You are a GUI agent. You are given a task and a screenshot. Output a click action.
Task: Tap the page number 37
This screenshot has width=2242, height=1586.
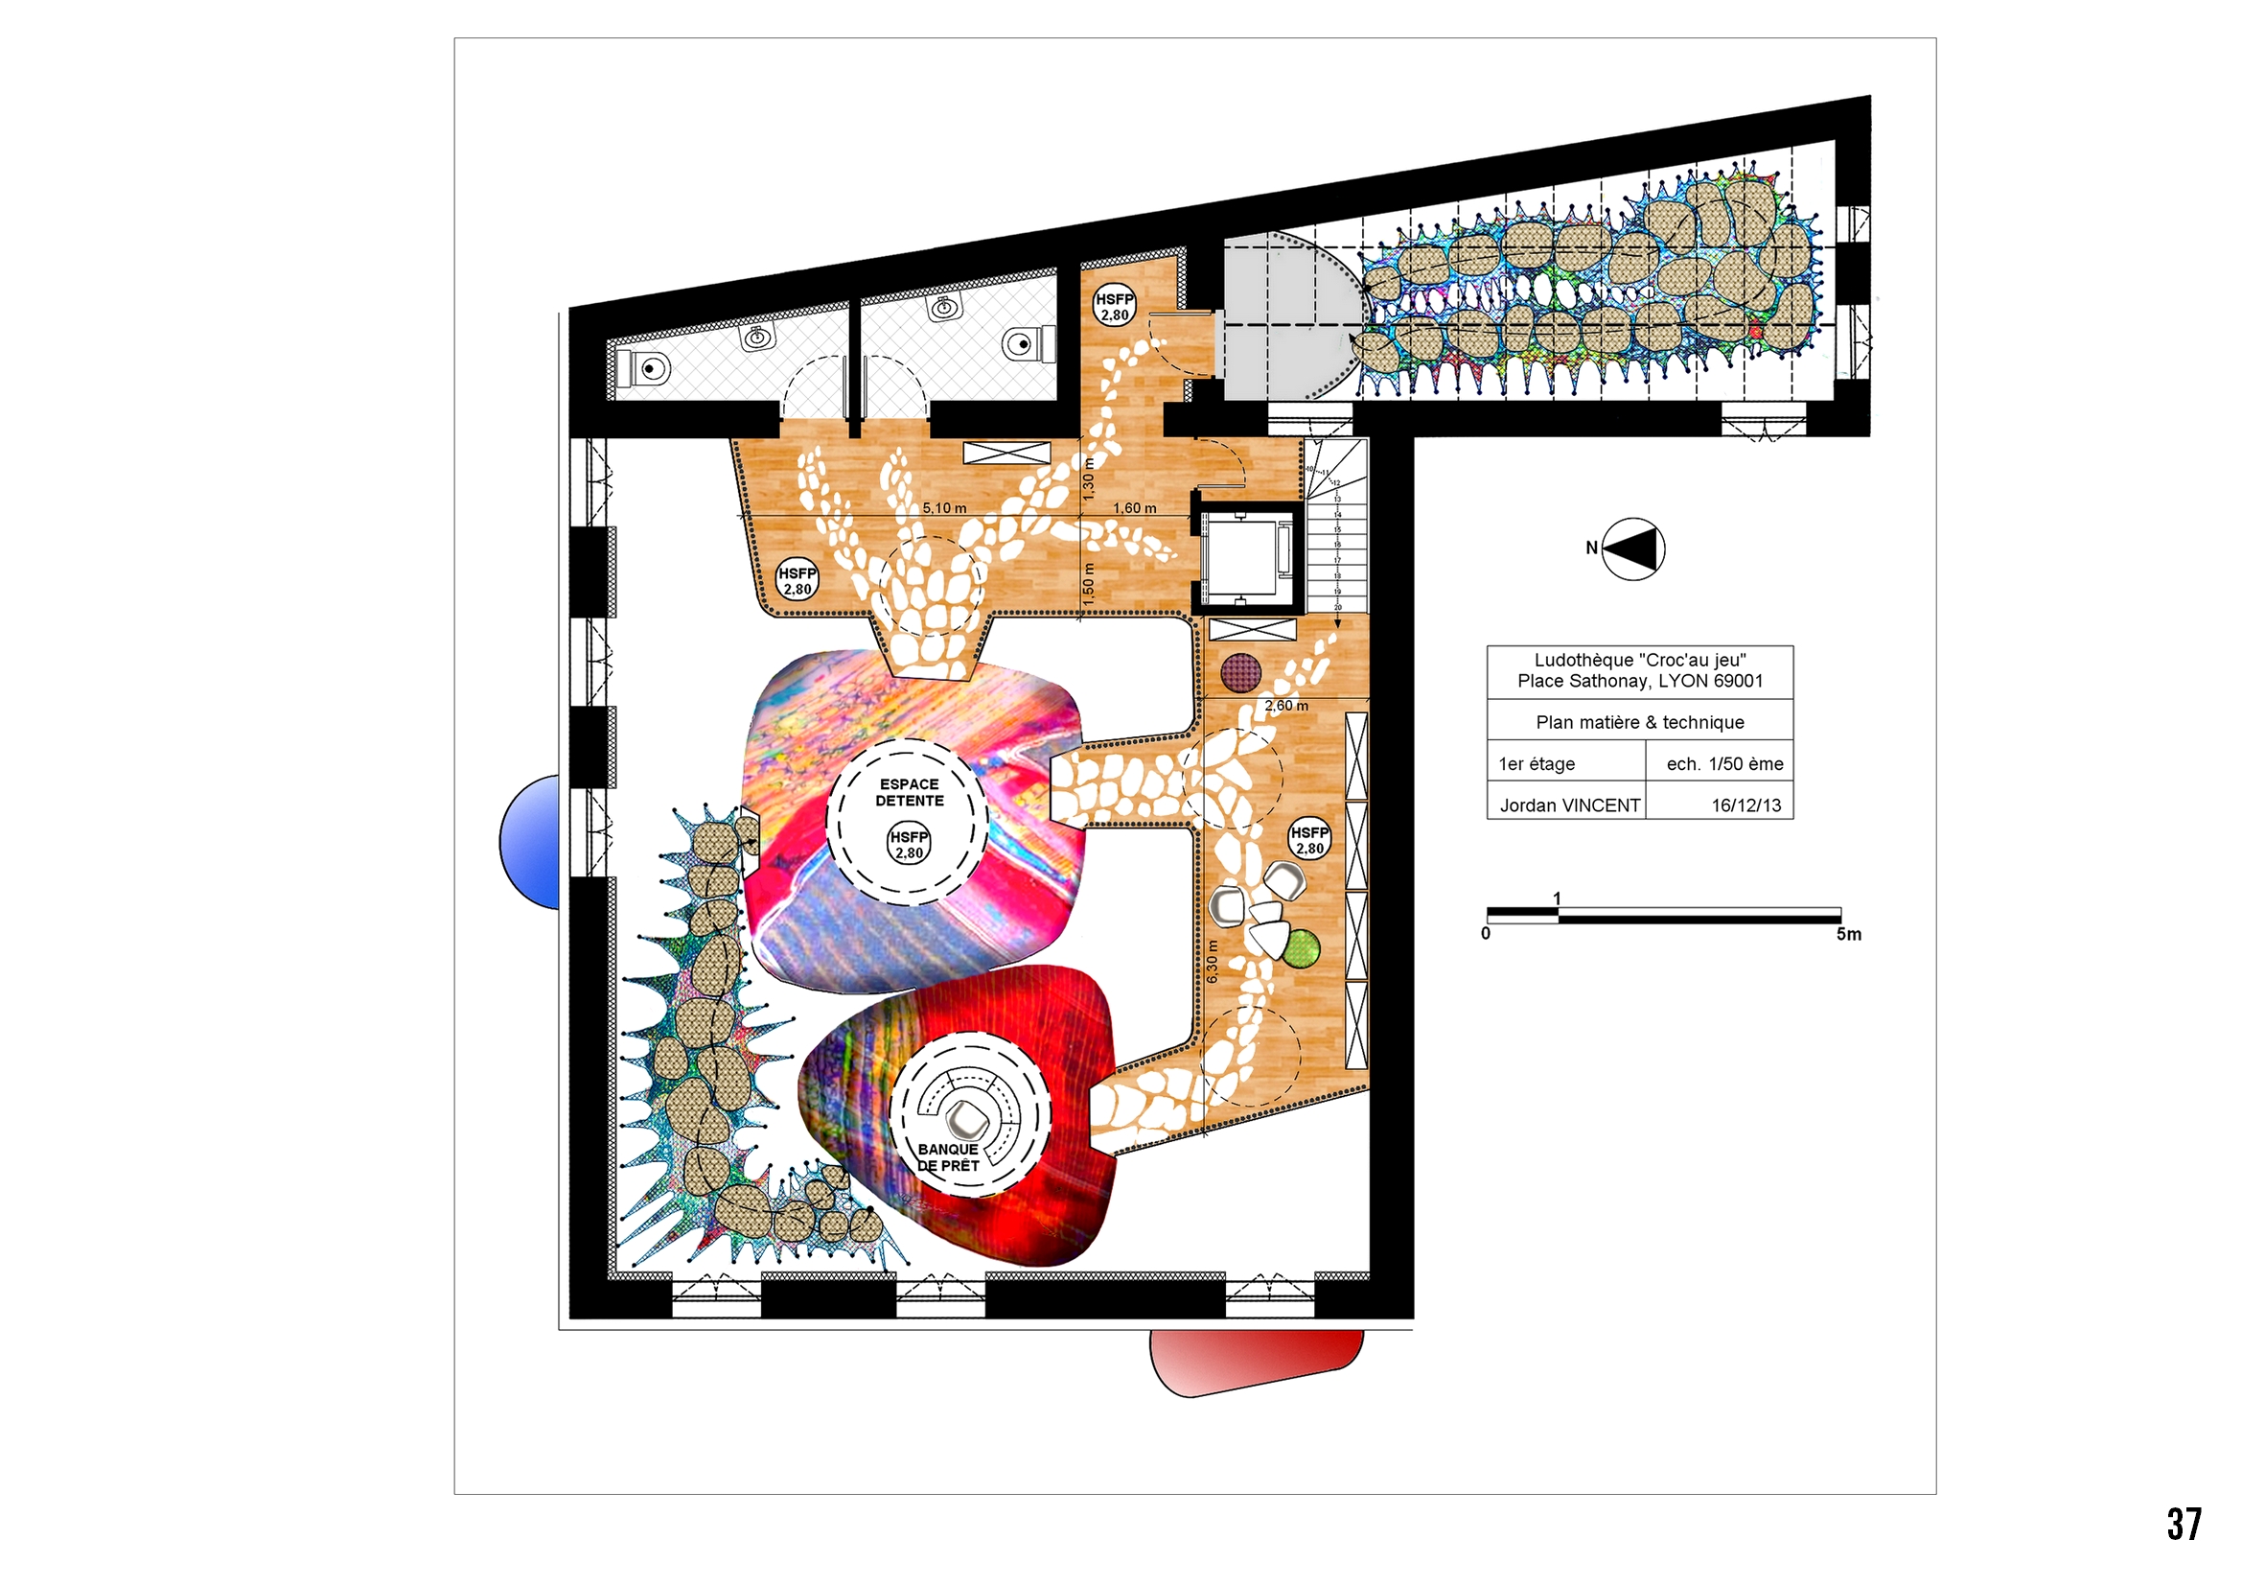click(x=2184, y=1524)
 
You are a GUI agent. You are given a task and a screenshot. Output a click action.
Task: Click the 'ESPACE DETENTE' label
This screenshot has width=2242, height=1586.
click(x=909, y=792)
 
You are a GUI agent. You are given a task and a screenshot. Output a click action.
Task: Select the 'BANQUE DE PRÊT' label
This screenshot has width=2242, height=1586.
click(x=947, y=1157)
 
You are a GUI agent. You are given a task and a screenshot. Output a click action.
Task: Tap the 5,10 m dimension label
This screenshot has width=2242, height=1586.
click(x=944, y=508)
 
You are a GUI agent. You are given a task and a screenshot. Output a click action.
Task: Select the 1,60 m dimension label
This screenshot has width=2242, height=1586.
click(x=1135, y=508)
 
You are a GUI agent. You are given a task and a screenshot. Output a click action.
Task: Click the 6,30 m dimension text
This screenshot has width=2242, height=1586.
click(x=1212, y=961)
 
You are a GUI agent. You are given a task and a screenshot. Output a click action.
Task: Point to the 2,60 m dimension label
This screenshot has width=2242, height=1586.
click(x=1286, y=705)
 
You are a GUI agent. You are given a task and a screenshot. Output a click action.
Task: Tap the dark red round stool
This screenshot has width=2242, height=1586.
click(x=1240, y=673)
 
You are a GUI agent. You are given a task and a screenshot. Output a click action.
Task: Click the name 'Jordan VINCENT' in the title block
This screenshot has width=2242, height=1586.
click(x=1569, y=805)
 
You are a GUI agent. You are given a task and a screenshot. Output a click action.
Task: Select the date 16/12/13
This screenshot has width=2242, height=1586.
click(x=1745, y=805)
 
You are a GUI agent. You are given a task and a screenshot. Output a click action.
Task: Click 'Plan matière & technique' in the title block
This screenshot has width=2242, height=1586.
click(x=1639, y=723)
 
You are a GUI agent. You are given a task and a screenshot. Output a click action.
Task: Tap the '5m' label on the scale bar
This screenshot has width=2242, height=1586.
click(x=1848, y=935)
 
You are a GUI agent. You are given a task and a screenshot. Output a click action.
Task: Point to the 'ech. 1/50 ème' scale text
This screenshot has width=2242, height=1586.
click(x=1724, y=763)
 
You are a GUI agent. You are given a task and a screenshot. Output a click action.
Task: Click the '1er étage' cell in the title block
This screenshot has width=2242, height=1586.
click(x=1537, y=763)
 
